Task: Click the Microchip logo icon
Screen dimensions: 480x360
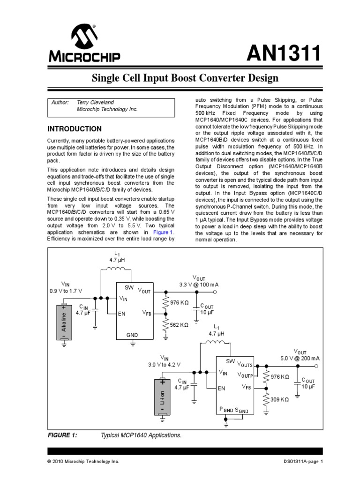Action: tap(83, 37)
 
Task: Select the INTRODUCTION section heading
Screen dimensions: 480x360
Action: tap(75, 128)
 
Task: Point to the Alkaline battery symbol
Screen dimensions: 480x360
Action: tap(64, 323)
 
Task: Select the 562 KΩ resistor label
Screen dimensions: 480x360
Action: tap(179, 324)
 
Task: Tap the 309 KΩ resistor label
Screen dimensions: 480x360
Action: tap(279, 399)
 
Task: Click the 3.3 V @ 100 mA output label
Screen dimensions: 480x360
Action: tap(199, 285)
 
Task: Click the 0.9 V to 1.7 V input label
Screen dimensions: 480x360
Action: tap(65, 291)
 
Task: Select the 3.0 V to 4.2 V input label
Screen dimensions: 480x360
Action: tap(164, 364)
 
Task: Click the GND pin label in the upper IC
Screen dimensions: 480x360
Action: tap(133, 335)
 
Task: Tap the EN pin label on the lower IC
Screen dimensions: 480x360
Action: tap(222, 388)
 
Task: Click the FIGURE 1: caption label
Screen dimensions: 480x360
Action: tap(62, 435)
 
